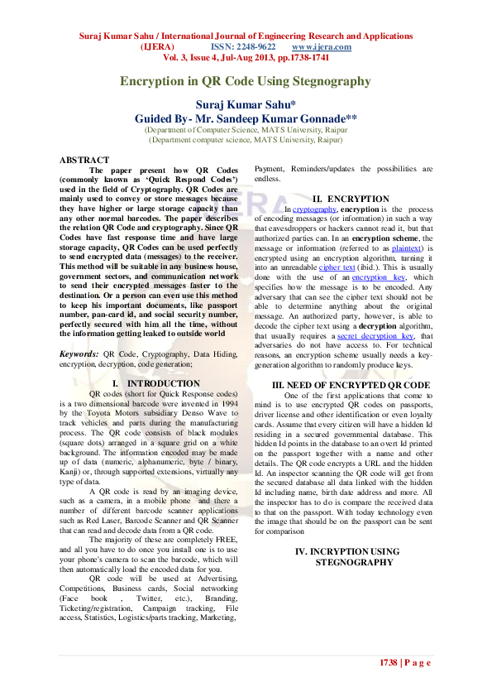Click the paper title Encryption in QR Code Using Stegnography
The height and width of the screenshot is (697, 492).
(246, 81)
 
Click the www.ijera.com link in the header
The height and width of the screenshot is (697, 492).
(322, 47)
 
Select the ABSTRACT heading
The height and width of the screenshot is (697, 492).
(84, 160)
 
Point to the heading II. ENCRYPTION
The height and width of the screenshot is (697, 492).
(351, 199)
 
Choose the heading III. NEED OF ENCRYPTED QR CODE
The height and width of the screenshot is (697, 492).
(351, 386)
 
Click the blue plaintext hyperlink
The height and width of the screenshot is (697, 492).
(386, 248)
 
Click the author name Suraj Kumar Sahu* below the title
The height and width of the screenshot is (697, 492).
(245, 104)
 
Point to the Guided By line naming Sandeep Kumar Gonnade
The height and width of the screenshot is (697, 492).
(246, 118)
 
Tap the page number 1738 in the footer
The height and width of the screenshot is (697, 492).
(389, 663)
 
